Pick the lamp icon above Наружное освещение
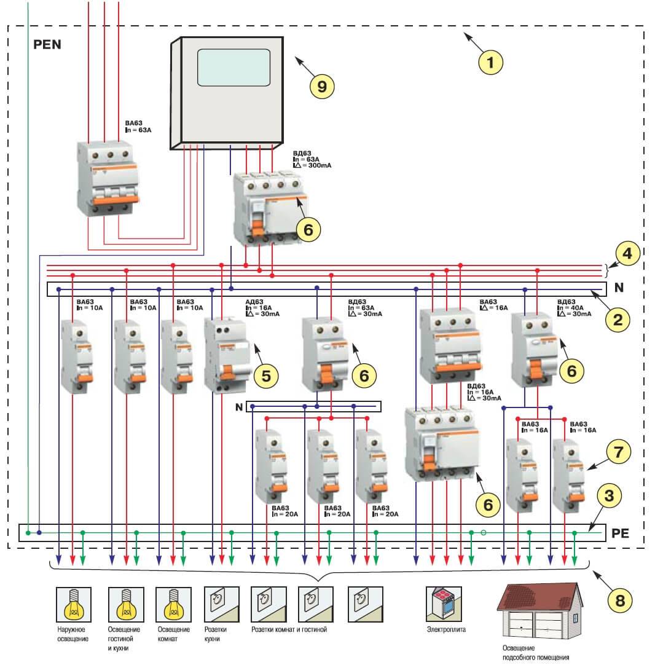(x=74, y=604)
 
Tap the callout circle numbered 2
(x=618, y=318)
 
